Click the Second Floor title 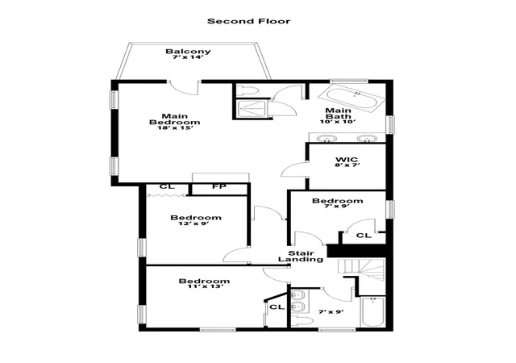coord(249,22)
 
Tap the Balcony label coord(188,52)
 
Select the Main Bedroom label coord(174,119)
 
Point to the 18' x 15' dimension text coord(174,127)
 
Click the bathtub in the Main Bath coord(352,97)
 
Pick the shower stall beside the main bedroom coord(252,108)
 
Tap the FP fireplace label coord(219,187)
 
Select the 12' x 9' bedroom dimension coord(193,223)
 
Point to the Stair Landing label coord(301,257)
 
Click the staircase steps coord(361,270)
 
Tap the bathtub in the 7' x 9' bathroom coord(372,311)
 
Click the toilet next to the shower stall coord(248,90)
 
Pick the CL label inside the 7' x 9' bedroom coord(364,236)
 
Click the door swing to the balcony coord(183,88)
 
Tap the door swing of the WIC coord(293,169)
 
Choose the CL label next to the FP coord(167,187)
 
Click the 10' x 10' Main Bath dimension coord(338,122)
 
